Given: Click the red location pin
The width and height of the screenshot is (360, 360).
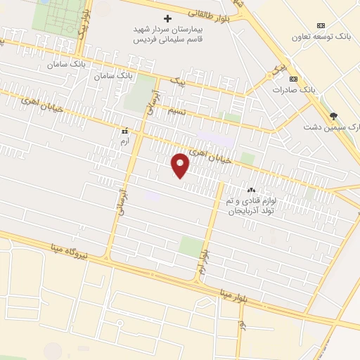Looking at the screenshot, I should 181,165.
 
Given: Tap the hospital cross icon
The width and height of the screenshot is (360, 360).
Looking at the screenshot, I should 167,18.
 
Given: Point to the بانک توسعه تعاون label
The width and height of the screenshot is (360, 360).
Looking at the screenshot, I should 323,37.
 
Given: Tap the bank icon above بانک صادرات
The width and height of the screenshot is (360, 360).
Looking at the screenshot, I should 293,78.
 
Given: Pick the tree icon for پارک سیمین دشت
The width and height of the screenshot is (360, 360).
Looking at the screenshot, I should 333,116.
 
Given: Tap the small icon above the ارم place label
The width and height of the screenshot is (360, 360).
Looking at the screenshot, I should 125,131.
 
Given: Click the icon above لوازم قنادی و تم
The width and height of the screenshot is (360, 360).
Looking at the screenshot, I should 251,191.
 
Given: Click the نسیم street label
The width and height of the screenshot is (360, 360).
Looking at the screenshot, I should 175,110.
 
